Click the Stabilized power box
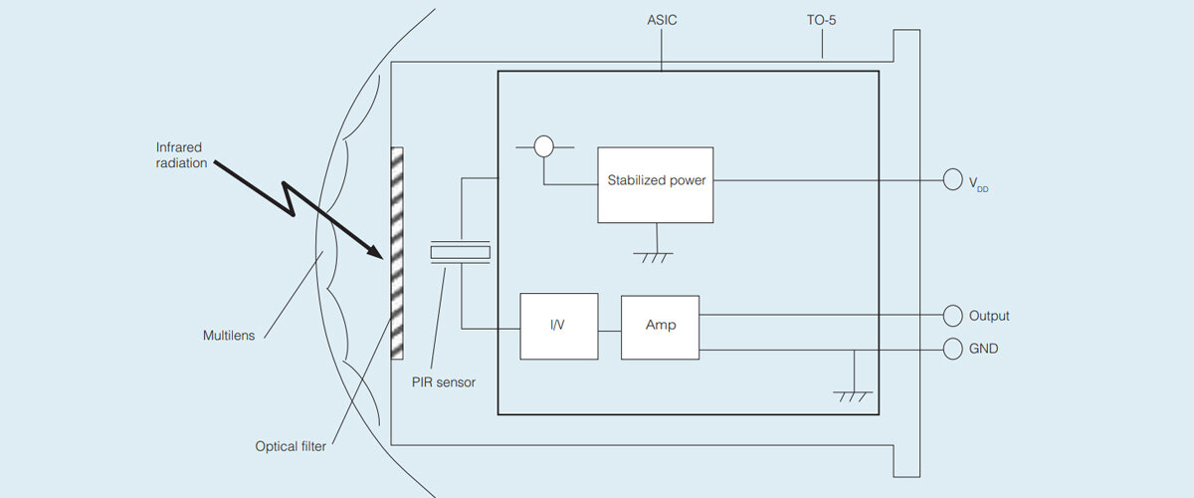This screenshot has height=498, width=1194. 656,184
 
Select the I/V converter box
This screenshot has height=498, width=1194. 558,326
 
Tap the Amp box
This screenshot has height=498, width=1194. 660,326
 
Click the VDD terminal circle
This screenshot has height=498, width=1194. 952,180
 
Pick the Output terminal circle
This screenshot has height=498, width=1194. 952,316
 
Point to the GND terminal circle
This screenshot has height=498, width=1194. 952,350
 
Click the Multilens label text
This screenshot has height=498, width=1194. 229,336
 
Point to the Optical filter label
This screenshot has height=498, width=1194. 291,446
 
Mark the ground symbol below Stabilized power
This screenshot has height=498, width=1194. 653,257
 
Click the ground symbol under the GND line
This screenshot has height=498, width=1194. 854,395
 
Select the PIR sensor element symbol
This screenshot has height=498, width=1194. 461,253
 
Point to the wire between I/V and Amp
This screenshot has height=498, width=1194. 609,326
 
